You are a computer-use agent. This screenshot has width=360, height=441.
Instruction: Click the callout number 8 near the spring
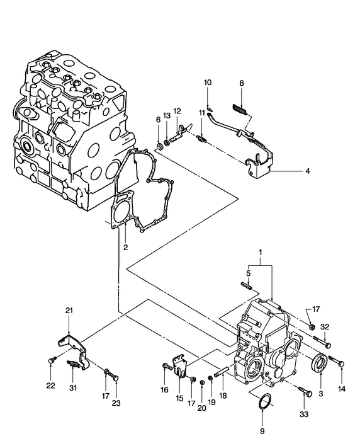coord(240,83)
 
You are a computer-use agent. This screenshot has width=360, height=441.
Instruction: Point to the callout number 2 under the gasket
coord(125,247)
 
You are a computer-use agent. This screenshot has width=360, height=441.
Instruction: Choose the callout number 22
coord(51,386)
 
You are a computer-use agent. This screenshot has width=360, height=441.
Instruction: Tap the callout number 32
coord(325,326)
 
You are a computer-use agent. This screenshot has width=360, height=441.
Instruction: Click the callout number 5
coord(249,273)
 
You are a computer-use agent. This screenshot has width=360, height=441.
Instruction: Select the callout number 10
coord(208,82)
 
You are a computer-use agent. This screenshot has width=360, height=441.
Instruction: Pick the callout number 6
coord(159,119)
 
